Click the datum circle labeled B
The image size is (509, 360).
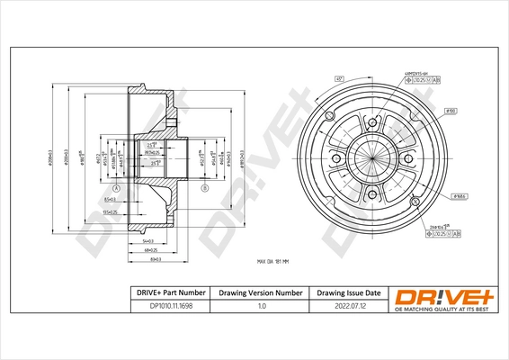[204, 187]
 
